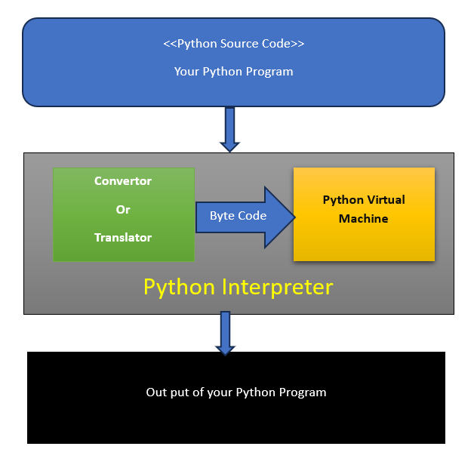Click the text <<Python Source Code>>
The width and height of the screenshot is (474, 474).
click(233, 44)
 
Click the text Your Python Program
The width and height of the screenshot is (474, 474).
click(233, 72)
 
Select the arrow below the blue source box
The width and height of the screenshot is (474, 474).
click(229, 129)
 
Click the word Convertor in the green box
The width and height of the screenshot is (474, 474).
click(123, 181)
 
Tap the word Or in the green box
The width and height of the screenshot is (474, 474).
click(123, 209)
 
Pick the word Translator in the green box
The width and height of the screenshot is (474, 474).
click(123, 238)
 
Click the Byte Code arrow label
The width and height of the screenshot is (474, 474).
click(238, 216)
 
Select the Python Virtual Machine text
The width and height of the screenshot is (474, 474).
click(363, 209)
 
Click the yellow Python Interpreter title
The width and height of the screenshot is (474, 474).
click(238, 288)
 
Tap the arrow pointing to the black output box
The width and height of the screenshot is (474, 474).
click(225, 333)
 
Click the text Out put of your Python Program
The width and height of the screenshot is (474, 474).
click(235, 392)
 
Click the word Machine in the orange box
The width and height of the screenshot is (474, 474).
click(363, 219)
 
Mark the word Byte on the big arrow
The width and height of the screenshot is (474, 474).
click(222, 216)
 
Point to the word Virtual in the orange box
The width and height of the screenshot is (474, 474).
click(385, 200)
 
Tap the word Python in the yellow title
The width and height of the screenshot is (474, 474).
click(180, 288)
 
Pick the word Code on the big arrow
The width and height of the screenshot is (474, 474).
click(252, 216)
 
